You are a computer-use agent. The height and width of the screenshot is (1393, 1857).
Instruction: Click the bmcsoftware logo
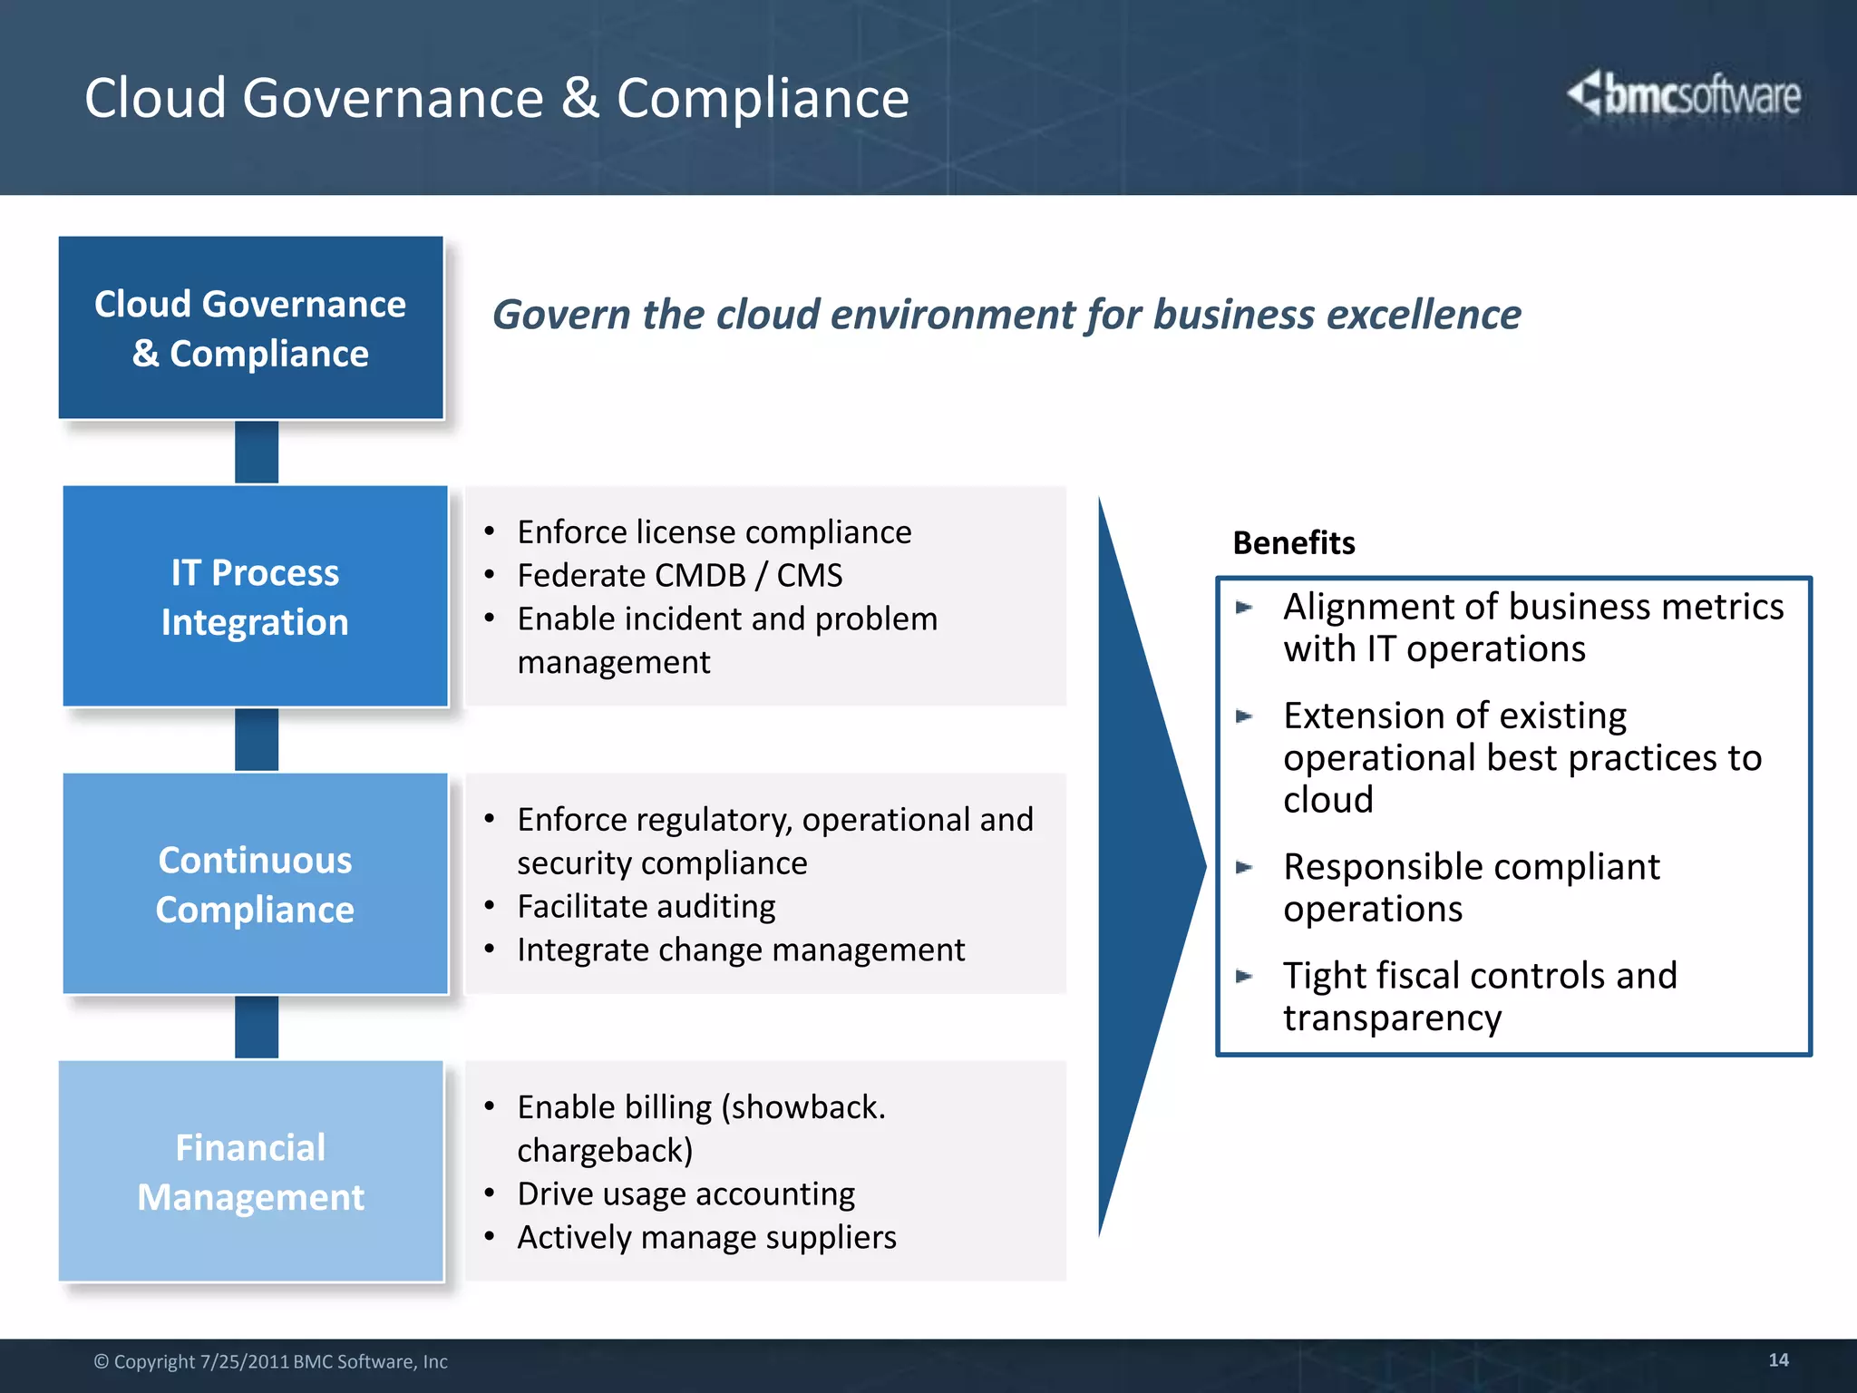tap(1685, 95)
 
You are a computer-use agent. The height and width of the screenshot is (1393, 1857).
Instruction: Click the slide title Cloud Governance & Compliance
tap(496, 98)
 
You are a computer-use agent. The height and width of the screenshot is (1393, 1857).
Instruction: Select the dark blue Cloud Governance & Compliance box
tap(250, 328)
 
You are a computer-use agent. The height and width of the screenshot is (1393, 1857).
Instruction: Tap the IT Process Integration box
tap(255, 597)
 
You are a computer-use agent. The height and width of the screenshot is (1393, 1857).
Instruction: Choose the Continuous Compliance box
tap(255, 884)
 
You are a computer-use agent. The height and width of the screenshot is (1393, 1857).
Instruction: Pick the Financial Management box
tap(251, 1172)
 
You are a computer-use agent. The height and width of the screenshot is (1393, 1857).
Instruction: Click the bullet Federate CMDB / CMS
tap(679, 576)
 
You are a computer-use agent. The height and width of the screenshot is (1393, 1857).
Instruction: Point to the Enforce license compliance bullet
tap(714, 532)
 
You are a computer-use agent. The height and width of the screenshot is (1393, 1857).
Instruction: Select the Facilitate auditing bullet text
tap(646, 907)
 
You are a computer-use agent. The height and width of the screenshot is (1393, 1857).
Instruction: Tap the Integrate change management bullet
tap(740, 950)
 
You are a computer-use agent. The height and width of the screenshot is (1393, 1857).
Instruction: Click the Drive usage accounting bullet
tap(685, 1194)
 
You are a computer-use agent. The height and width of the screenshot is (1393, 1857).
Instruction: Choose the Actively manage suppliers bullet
tap(706, 1238)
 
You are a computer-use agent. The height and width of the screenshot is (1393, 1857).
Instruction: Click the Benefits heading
tap(1294, 543)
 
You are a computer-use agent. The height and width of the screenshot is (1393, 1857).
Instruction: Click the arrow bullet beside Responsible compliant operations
tap(1244, 868)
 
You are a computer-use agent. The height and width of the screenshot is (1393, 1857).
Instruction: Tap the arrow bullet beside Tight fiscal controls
tap(1244, 977)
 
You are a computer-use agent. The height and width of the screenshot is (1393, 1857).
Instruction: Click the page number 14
tap(1778, 1360)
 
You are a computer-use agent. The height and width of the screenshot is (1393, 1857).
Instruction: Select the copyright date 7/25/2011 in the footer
tap(244, 1362)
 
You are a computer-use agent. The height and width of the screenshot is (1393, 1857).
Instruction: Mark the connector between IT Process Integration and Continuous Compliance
tap(257, 740)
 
